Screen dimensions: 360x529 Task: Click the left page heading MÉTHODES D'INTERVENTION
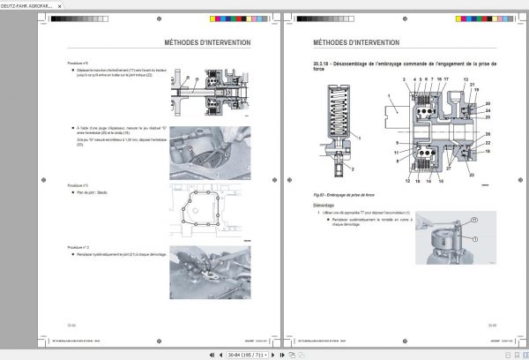(207, 41)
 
